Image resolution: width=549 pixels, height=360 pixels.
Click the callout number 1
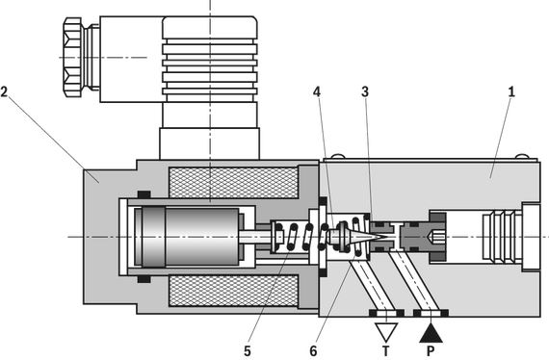511,92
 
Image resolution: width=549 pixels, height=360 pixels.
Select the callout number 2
4,92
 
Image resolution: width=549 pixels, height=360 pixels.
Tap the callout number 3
365,92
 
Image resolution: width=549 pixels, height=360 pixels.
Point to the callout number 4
317,92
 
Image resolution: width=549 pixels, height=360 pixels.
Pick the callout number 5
248,351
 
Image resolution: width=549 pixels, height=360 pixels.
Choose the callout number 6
313,351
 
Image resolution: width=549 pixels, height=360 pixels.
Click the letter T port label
386,351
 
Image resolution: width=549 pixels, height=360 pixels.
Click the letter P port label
431,351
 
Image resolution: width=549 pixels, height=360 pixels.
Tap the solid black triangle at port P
431,334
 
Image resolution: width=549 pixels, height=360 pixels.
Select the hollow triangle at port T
386,332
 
